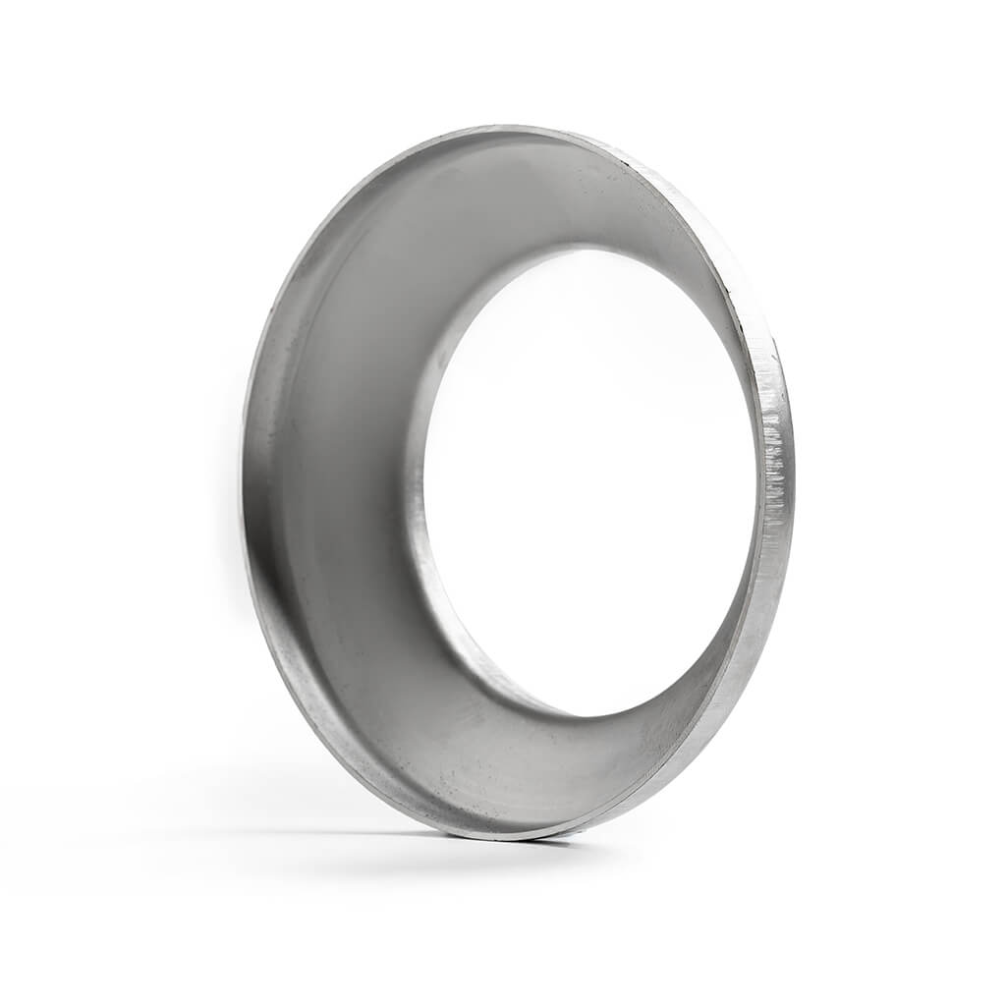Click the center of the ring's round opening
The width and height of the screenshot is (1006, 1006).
point(589,481)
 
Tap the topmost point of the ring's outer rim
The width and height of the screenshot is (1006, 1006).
point(511,127)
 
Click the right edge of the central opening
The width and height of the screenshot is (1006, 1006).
point(757,472)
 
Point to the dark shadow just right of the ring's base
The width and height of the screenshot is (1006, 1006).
point(560,842)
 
